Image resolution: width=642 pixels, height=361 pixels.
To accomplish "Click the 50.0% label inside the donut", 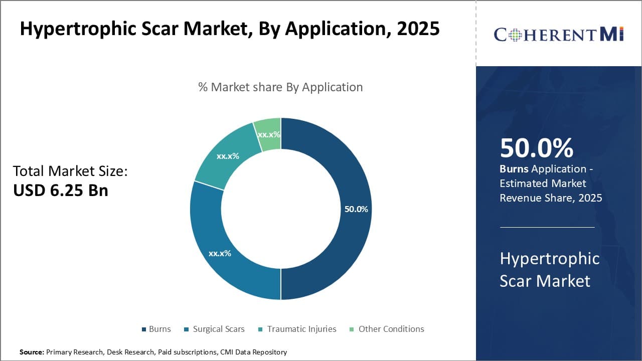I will (356, 209).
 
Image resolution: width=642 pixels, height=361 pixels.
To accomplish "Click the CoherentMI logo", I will (558, 34).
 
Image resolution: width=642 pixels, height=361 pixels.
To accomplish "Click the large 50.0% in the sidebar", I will (536, 148).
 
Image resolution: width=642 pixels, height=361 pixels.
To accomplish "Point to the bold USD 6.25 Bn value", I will (60, 190).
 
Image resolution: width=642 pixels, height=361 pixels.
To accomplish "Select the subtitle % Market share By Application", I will (280, 87).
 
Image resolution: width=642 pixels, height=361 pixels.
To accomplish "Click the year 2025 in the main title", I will (418, 29).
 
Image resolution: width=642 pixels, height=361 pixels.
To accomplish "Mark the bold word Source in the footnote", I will (31, 352).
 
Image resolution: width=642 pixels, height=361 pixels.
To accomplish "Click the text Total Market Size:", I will (70, 171).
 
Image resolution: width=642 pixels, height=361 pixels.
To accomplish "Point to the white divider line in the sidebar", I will (547, 227).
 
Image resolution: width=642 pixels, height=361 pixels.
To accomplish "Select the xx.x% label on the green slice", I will (269, 135).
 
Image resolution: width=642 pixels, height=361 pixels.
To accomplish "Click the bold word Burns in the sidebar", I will (514, 169).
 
